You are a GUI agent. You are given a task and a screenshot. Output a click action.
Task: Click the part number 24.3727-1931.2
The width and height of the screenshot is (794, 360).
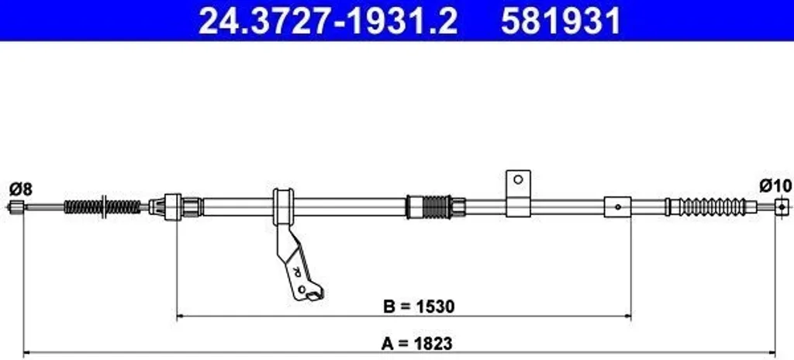point(328,21)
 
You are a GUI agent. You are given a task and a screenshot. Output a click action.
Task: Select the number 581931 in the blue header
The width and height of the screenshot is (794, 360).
point(561,21)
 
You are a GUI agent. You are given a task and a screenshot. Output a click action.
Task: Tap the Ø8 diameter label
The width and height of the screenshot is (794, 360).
point(21,189)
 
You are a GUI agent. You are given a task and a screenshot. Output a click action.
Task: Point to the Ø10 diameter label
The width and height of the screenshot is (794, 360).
point(775,186)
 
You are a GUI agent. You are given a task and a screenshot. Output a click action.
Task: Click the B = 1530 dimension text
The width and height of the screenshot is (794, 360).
point(419,306)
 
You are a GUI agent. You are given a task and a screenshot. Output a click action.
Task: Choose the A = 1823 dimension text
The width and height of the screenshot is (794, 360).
point(416,343)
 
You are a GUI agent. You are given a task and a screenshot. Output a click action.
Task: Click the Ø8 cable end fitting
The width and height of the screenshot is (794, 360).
point(18,206)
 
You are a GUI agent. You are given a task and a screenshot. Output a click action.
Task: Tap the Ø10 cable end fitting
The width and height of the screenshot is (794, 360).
point(782,207)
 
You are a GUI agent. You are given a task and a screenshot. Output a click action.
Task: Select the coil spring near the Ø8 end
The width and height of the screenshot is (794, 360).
point(102,207)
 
